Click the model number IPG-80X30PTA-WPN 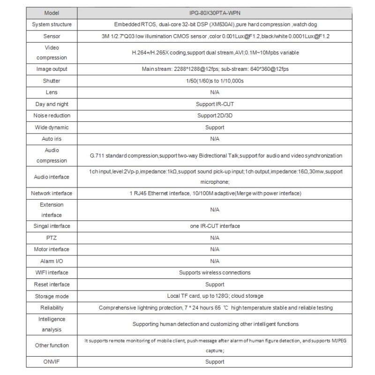tap(215, 13)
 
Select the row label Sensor tap(52, 36)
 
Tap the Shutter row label tap(52, 81)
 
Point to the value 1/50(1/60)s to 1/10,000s tap(215, 81)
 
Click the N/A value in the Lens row tap(215, 92)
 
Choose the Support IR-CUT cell tap(215, 104)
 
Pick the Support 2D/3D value tap(215, 115)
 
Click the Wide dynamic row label tap(52, 127)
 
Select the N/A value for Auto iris tap(215, 139)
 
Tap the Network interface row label tap(52, 193)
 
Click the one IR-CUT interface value tap(215, 226)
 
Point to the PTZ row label tap(52, 238)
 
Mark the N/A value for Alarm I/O tap(215, 261)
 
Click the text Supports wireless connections tap(215, 272)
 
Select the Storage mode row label tap(52, 296)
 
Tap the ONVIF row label tap(52, 362)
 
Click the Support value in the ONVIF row tap(215, 362)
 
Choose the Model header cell tap(52, 13)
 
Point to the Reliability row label tap(52, 308)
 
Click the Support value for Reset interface tap(215, 285)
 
